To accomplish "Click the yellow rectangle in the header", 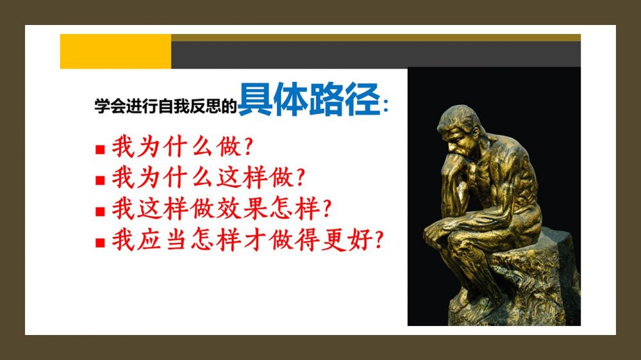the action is point(115,51).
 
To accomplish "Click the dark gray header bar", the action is point(376,54).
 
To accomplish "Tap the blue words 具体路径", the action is point(310,99).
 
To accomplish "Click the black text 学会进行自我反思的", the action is point(165,106).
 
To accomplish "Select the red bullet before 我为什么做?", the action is point(100,149).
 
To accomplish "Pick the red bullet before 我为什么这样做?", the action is point(100,180).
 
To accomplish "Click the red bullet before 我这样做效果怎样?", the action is point(100,211).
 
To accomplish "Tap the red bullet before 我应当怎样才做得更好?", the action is point(100,243).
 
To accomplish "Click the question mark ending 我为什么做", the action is point(249,147).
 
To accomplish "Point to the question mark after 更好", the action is point(379,240).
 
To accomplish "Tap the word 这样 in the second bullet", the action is point(242,177).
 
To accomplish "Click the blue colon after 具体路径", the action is point(386,106).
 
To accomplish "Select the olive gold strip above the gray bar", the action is point(376,38).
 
